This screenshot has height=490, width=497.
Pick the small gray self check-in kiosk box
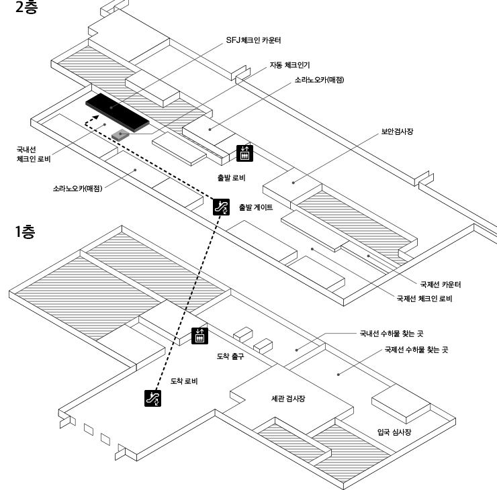[120, 134]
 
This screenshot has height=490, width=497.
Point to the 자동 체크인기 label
[288, 64]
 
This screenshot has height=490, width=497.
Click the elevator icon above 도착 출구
[199, 336]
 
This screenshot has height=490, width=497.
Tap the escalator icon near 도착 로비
[153, 398]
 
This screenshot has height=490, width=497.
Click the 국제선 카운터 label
[440, 284]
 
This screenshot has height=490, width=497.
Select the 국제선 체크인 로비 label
[424, 298]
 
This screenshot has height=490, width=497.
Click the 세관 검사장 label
[284, 399]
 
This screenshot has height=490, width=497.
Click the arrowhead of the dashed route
[87, 121]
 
